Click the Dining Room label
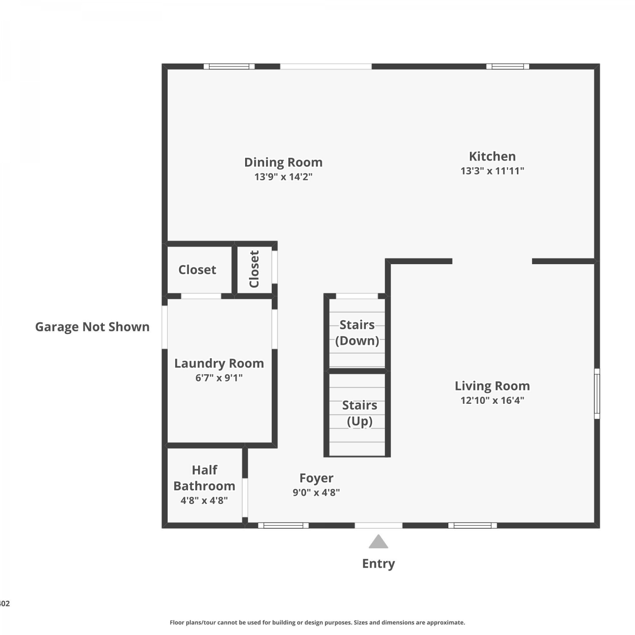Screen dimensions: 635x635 [283, 163]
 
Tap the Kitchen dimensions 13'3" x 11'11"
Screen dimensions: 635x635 [492, 171]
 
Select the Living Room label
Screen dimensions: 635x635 [492, 386]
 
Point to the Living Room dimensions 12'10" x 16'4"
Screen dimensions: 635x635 [492, 400]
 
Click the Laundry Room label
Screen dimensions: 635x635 [219, 364]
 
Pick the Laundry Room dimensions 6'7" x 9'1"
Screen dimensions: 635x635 [219, 378]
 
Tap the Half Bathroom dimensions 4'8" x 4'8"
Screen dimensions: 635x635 [204, 501]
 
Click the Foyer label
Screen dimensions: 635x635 [316, 478]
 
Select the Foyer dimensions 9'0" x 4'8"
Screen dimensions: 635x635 [316, 493]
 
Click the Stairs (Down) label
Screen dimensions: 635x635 [357, 333]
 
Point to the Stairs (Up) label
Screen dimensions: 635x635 [359, 413]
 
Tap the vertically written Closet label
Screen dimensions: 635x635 [254, 269]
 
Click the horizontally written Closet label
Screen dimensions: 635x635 [197, 270]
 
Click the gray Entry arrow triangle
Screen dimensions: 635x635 [378, 542]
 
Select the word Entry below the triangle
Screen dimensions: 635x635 [378, 564]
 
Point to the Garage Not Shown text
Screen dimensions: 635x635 [92, 327]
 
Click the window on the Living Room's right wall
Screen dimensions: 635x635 [597, 394]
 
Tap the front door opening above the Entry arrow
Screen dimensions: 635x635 [378, 525]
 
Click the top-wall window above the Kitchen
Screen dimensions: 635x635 [508, 66]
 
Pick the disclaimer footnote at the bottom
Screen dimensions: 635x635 [317, 622]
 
